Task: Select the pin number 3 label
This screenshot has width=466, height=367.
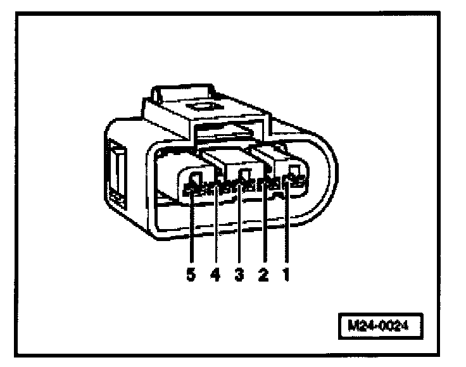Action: coord(241,275)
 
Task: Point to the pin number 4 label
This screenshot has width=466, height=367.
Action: coord(216,275)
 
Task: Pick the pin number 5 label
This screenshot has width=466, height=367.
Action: coord(192,275)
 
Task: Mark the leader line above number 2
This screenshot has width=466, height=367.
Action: coord(265,228)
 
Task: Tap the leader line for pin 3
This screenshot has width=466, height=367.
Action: coord(241,228)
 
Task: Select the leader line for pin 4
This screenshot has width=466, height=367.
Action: coord(216,228)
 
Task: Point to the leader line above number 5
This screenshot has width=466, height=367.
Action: coord(192,228)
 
